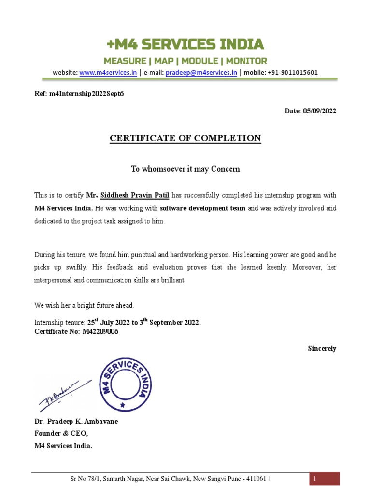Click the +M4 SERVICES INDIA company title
[x=185, y=45]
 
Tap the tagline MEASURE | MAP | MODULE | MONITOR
[x=185, y=61]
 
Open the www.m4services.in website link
[x=108, y=73]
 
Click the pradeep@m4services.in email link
[x=201, y=73]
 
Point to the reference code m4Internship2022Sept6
[x=86, y=94]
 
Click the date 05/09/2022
[x=319, y=111]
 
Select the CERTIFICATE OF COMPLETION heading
[x=185, y=138]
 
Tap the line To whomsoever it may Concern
[x=185, y=169]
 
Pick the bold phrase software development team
[x=202, y=208]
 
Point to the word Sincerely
[x=322, y=348]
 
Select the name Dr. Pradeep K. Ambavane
[x=76, y=421]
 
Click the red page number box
[x=324, y=479]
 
